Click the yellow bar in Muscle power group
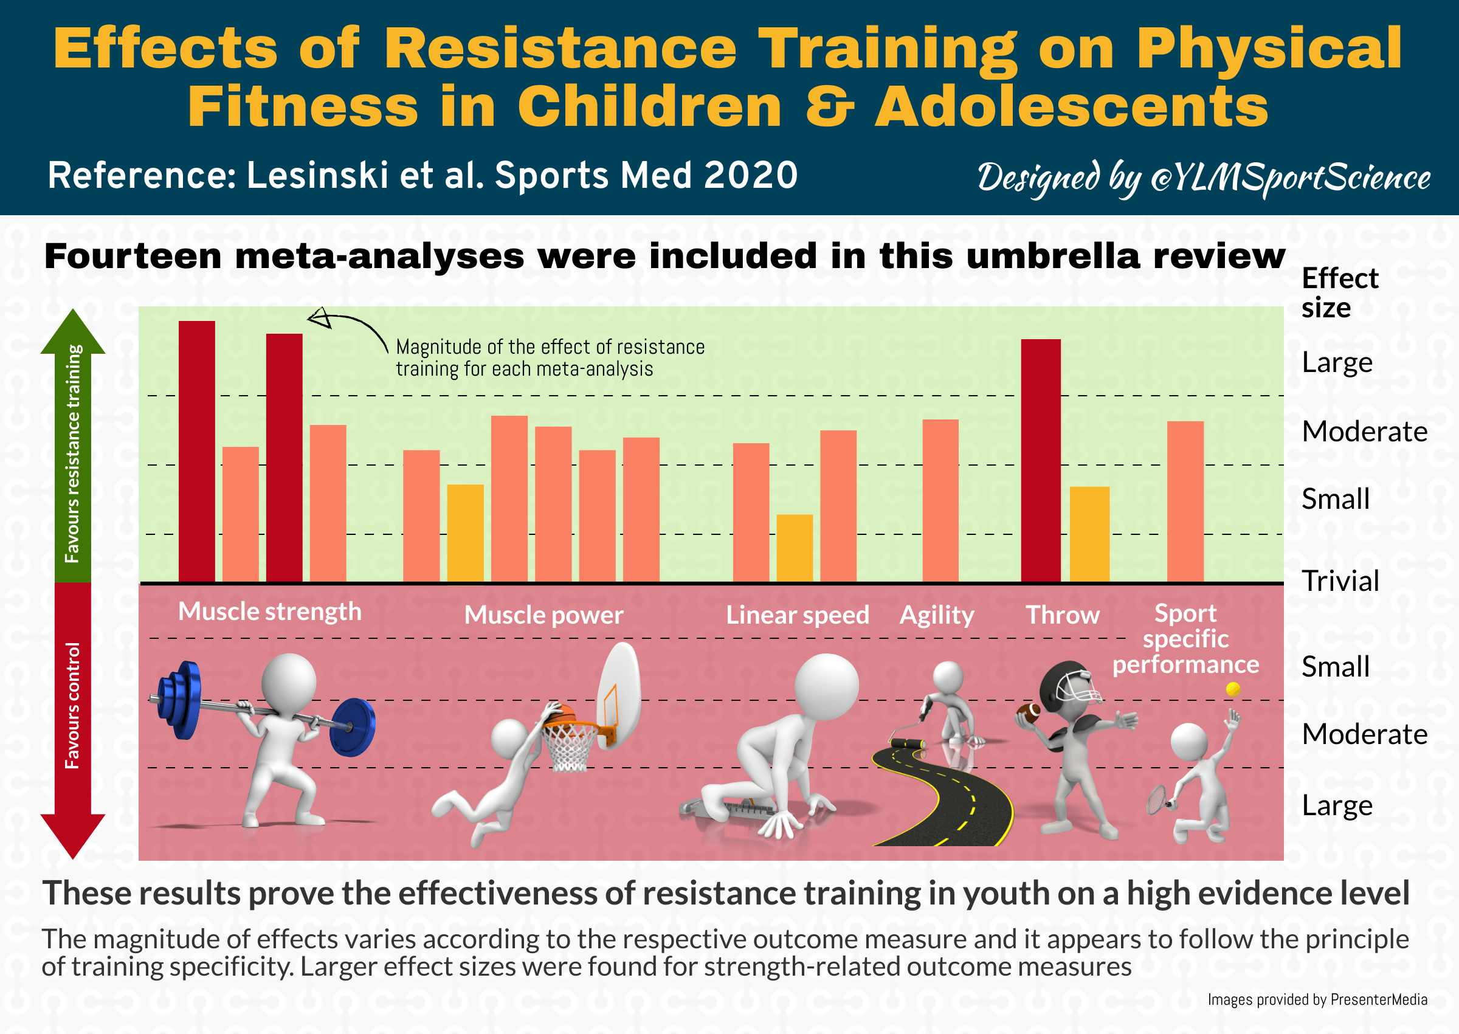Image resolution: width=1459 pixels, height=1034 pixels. [465, 533]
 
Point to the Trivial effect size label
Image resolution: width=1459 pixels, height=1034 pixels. [1340, 581]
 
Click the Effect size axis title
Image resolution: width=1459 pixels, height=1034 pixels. [1339, 293]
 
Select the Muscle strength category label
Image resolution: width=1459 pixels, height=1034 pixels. [270, 612]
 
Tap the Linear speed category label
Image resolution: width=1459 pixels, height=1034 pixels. [798, 615]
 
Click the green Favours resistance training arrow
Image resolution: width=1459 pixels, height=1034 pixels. [72, 446]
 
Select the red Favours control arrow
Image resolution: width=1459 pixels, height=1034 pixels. [72, 720]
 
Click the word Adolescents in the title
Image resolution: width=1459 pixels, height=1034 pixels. [1071, 107]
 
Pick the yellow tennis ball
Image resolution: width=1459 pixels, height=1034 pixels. [1233, 689]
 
